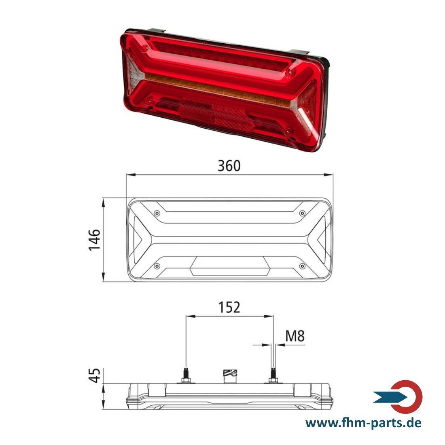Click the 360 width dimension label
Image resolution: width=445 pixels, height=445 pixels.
[x=229, y=166]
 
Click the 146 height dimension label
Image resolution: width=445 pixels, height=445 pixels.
[x=95, y=240]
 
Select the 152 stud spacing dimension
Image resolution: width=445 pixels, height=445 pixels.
[x=229, y=307]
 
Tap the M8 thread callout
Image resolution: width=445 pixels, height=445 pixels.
[x=295, y=336]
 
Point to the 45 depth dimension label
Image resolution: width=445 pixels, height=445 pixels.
[x=95, y=375]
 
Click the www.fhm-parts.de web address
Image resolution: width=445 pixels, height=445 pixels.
[x=363, y=423]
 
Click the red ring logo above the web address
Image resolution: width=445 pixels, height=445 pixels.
[x=407, y=396]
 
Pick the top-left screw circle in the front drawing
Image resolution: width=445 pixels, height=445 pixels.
[x=157, y=213]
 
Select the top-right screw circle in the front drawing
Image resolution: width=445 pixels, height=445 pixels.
[x=303, y=213]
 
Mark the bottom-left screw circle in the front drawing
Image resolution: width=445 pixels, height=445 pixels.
[x=157, y=266]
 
